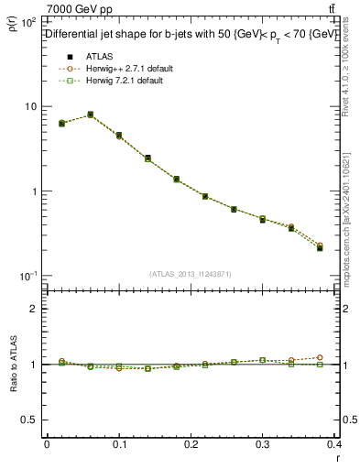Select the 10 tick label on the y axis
(x=29, y=106)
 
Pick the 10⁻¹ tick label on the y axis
(x=27, y=276)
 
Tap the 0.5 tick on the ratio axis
(x=29, y=420)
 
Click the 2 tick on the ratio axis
(x=33, y=309)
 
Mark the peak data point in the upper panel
(x=90, y=115)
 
